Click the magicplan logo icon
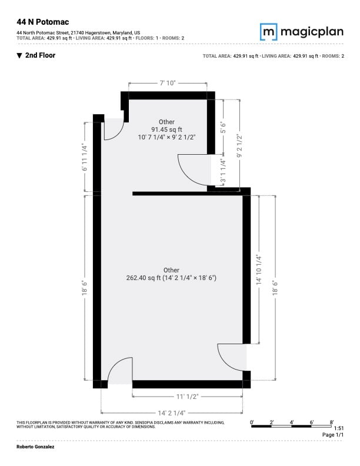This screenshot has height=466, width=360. click(268, 32)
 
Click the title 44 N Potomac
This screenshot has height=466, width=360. click(43, 22)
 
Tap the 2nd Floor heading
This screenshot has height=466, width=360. click(36, 55)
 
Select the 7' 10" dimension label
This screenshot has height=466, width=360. click(168, 83)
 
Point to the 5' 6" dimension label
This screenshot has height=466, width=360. click(223, 127)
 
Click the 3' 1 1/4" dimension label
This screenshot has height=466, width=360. click(223, 171)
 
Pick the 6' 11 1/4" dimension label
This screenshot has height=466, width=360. click(85, 158)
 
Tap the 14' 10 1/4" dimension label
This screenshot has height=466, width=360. click(259, 270)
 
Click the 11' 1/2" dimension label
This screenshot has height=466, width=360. click(187, 397)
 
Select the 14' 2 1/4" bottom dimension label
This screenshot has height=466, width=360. click(172, 413)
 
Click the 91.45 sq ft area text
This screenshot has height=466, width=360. click(166, 129)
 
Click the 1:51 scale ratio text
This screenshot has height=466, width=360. click(339, 428)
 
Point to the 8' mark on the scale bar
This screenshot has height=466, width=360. click(332, 422)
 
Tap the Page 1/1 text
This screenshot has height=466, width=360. click(333, 434)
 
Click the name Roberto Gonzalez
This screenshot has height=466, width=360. click(35, 447)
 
